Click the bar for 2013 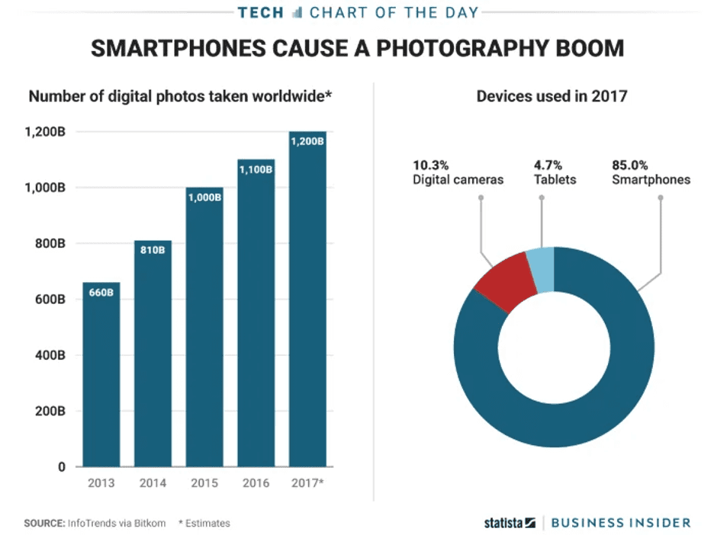(x=101, y=374)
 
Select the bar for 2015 (x=204, y=327)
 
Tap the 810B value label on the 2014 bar (x=153, y=249)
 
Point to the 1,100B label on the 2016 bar (x=256, y=169)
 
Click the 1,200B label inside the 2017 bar (x=307, y=141)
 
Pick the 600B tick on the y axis (x=50, y=300)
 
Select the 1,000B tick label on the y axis (x=45, y=187)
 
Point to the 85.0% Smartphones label (x=651, y=172)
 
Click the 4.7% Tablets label (x=555, y=172)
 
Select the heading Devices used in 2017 (x=552, y=97)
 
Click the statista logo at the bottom (x=509, y=523)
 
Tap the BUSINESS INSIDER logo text (x=620, y=523)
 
